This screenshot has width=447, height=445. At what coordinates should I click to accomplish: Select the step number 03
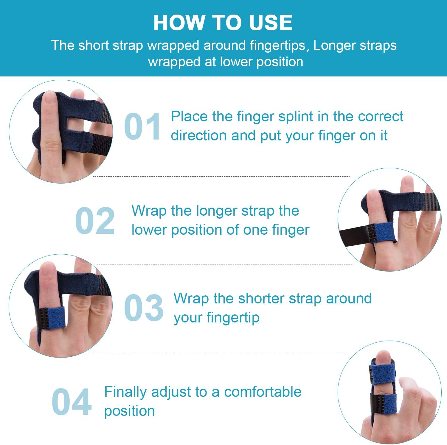tap(144, 308)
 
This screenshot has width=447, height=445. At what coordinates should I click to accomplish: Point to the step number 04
tap(72, 402)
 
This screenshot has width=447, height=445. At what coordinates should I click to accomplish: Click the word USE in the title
tap(271, 23)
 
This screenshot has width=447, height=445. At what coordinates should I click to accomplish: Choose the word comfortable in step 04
tap(263, 392)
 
